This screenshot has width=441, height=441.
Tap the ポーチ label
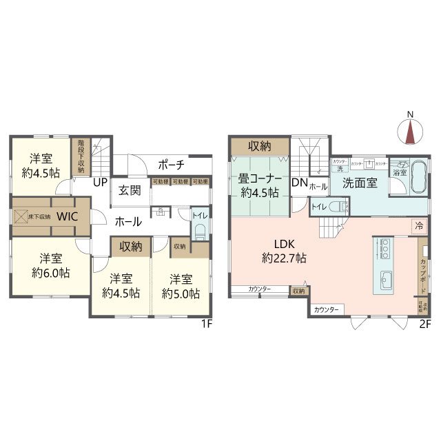click(x=170, y=165)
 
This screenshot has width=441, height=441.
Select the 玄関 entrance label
click(x=130, y=191)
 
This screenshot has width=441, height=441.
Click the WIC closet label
click(x=67, y=216)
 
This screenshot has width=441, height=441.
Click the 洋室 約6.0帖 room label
click(x=47, y=266)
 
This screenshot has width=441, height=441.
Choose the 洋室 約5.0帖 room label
click(x=181, y=286)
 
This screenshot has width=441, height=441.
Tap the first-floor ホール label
click(x=128, y=222)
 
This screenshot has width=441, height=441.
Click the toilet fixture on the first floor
click(x=199, y=234)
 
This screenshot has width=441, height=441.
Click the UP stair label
click(x=100, y=183)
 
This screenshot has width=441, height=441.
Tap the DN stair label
click(x=299, y=183)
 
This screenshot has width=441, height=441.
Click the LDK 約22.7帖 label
click(x=284, y=252)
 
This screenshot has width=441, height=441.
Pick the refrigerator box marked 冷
click(x=418, y=225)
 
